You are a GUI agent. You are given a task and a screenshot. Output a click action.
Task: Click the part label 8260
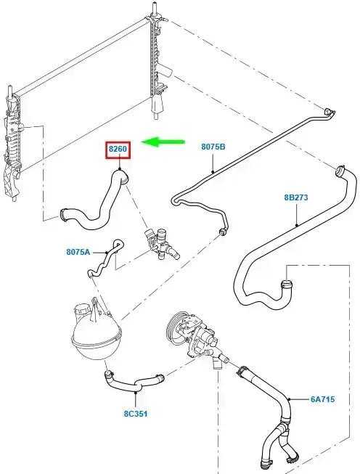tap(118, 149)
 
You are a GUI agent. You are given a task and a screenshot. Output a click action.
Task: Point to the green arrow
tap(163, 142)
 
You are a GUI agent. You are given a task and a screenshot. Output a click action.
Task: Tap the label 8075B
tap(213, 147)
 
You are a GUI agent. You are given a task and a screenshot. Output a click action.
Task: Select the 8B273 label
tap(296, 197)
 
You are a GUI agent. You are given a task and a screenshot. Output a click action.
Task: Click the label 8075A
tap(78, 251)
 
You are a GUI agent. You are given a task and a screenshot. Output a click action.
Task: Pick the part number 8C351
tap(136, 413)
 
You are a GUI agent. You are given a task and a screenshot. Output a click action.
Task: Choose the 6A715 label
tap(322, 399)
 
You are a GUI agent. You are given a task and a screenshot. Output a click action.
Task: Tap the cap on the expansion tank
tap(81, 311)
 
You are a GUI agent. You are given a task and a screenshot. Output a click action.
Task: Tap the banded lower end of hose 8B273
tap(286, 284)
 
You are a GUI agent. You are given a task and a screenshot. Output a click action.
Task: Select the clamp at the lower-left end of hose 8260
tap(64, 214)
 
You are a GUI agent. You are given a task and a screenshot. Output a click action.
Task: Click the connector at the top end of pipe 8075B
tap(330, 113)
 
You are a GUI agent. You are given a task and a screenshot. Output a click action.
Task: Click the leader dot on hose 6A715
tap(290, 399)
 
